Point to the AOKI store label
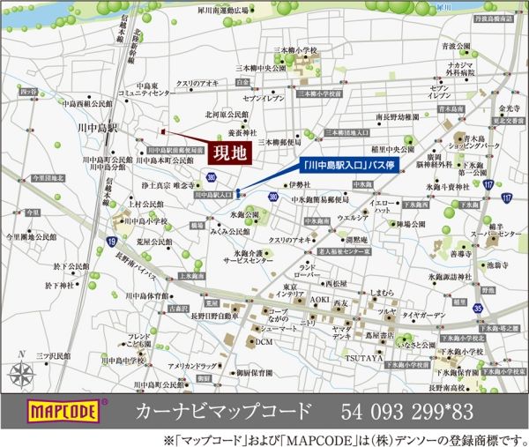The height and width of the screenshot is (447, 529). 318,301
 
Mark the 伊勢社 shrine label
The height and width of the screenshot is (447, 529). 302,184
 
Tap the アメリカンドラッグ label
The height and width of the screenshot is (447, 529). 192,365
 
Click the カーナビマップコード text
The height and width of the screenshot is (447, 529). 224,410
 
